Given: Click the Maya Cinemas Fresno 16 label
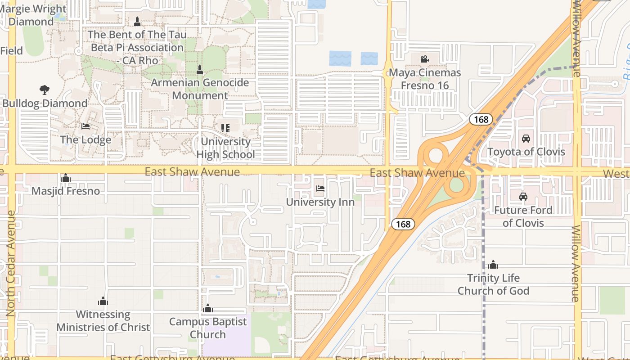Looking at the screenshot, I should [425, 79].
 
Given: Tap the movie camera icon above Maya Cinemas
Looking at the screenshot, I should [424, 59].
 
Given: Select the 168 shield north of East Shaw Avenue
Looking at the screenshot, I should [481, 119].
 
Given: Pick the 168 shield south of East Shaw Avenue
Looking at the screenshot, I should [402, 224].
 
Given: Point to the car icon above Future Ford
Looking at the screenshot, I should [523, 197].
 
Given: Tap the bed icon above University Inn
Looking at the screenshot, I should [320, 189].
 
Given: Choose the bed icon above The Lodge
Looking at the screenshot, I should [85, 126].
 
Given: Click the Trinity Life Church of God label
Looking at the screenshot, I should [493, 284].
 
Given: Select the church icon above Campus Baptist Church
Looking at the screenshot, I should [207, 309].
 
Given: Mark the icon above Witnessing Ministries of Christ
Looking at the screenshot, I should [103, 301].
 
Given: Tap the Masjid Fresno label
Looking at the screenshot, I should [66, 191].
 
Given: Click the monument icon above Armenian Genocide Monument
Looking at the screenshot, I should [200, 70].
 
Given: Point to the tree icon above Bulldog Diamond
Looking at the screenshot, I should [44, 90].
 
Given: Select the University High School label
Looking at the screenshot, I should [225, 148].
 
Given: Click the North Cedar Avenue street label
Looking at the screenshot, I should [11, 263].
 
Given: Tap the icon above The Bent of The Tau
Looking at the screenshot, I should [137, 21].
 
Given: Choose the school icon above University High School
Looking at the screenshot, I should [225, 128].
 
